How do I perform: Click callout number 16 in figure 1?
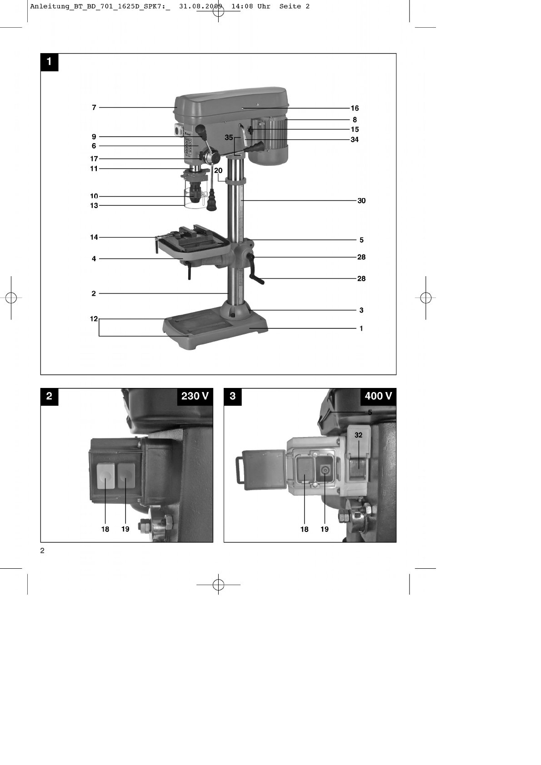(355, 108)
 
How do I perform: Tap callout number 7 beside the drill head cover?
(94, 108)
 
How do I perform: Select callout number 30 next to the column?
(361, 201)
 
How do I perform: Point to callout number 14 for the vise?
(94, 237)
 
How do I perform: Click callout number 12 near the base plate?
(94, 319)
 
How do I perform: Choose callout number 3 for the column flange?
(361, 310)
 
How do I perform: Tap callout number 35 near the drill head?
(229, 138)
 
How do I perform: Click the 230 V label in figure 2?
(195, 396)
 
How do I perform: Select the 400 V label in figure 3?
(378, 396)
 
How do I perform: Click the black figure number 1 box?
(49, 62)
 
